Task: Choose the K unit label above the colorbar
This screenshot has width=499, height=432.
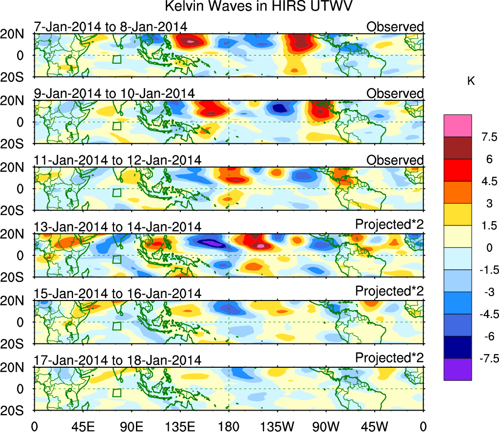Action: (471, 81)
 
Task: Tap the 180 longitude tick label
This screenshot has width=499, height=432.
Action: (229, 426)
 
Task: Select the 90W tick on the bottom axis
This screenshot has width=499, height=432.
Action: (326, 426)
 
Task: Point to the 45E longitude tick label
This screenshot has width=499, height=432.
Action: (82, 426)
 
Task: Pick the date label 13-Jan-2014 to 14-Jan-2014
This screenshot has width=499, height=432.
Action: (117, 226)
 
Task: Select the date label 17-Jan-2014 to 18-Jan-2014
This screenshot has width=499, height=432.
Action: (117, 360)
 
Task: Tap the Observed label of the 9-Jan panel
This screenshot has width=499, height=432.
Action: (395, 93)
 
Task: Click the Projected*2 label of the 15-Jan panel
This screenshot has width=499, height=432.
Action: (389, 293)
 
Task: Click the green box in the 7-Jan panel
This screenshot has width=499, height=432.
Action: (116, 59)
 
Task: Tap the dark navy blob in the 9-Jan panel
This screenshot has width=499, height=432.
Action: (279, 108)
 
